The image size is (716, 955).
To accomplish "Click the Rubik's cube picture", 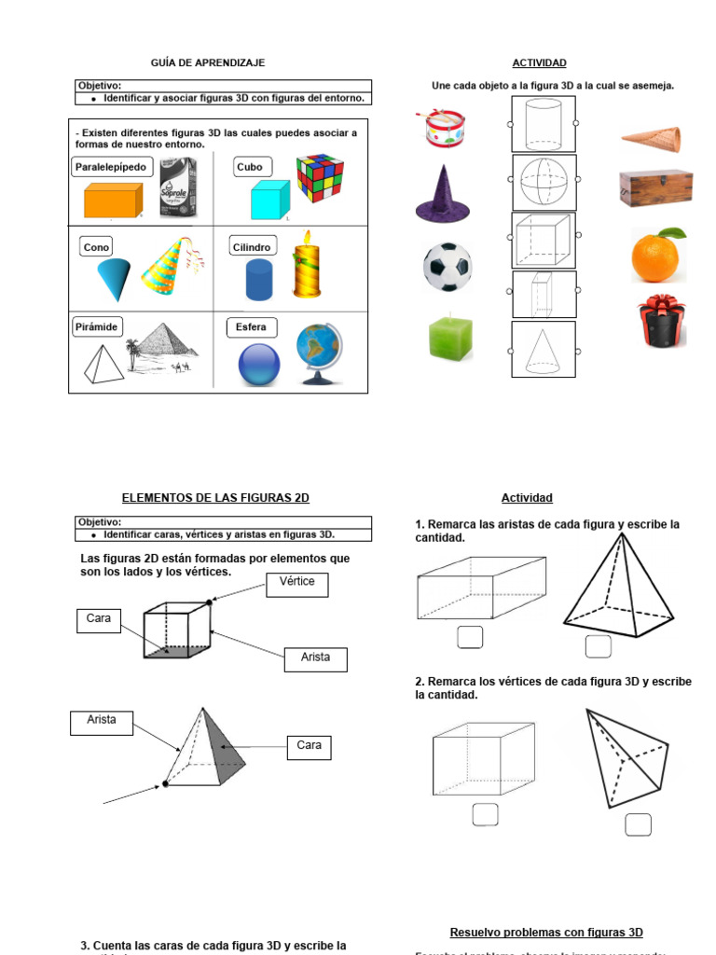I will (x=320, y=178).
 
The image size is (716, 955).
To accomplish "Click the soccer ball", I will (x=447, y=266).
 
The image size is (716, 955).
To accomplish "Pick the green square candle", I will (x=451, y=338).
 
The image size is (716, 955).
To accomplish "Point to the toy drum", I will (x=446, y=128).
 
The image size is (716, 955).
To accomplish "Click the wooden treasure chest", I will (x=655, y=187).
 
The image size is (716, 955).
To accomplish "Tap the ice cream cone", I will (x=652, y=139).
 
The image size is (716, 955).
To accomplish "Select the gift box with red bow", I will (x=661, y=322).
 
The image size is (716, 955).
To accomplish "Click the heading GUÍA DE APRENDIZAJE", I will (x=208, y=62).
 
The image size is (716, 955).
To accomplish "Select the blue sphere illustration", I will (x=259, y=365).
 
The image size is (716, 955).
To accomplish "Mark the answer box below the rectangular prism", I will (x=470, y=637).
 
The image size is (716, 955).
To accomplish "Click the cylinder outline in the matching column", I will (x=544, y=123).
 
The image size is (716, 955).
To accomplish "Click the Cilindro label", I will (x=253, y=247).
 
